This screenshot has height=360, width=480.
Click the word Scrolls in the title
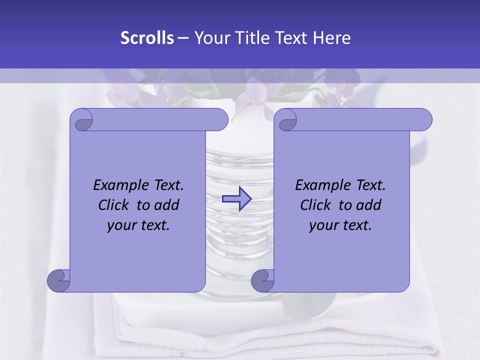point(147,37)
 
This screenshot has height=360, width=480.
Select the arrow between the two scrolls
point(236,199)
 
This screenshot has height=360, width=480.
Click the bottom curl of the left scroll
point(59,280)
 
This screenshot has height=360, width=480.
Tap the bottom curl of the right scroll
point(263,280)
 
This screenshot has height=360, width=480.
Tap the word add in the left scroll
point(167,205)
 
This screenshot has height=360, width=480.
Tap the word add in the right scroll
point(369,205)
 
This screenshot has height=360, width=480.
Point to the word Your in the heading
point(210,37)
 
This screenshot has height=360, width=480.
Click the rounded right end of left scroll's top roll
point(220,120)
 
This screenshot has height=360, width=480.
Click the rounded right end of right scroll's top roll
point(424,120)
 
